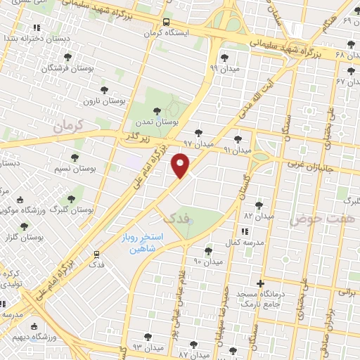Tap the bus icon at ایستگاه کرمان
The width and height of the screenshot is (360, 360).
click(x=165, y=22)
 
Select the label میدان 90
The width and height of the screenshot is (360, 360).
click(x=207, y=262)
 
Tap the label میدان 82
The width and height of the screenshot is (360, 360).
click(x=257, y=215)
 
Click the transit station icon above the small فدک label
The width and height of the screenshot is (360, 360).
click(x=96, y=255)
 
